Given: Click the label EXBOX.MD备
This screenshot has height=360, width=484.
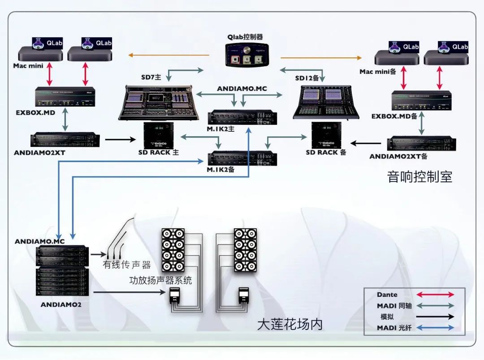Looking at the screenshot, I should [394, 116].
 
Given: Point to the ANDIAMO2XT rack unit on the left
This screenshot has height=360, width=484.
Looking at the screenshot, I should [65, 140].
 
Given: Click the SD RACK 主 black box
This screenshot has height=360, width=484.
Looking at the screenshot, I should [159, 135].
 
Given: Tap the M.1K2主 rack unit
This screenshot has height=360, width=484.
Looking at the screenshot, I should [242, 117].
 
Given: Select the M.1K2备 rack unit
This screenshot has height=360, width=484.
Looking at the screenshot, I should [242, 158].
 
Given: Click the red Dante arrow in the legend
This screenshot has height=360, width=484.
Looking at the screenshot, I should [435, 295].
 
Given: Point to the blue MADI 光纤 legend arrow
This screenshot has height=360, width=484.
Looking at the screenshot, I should [435, 328].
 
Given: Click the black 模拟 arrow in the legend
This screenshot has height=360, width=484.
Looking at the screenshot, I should [435, 317].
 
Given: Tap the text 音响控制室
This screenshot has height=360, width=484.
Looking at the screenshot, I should [419, 176].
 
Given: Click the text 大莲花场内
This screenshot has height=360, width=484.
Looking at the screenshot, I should [290, 324].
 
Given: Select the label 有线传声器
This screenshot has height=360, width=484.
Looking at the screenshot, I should [127, 265].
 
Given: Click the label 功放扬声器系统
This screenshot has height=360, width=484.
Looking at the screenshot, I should [160, 281].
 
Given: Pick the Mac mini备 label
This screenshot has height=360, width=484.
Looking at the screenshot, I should [378, 72].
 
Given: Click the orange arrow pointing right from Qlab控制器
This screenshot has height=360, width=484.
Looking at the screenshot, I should [321, 58].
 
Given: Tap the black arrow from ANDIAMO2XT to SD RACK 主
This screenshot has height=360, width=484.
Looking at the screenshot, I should [120, 140].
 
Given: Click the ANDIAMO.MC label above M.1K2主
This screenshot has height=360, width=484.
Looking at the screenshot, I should [242, 89].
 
